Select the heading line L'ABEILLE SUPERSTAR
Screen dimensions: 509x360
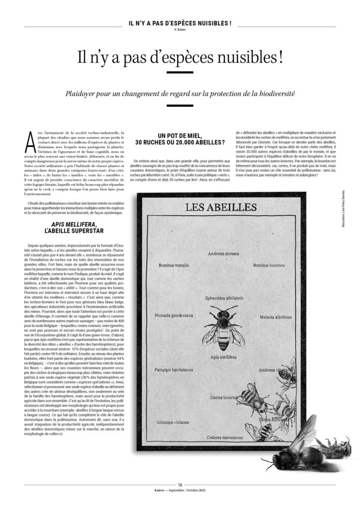(67, 232)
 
